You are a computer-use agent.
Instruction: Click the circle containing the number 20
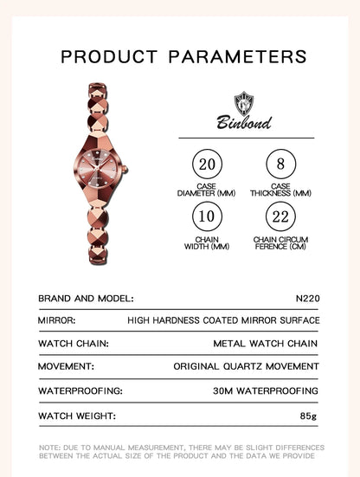206,164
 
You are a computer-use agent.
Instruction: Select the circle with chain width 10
206,216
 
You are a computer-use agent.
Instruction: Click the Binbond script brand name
244,122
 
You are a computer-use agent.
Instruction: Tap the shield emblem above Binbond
244,100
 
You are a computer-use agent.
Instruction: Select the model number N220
306,297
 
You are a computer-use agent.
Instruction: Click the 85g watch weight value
310,415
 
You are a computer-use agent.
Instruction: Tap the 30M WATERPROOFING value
266,390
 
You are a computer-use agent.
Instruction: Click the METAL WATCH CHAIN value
266,344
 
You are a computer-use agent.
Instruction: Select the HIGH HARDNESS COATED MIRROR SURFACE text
223,320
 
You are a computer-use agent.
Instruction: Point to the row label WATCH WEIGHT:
76,415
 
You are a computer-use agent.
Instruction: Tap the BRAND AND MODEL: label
86,297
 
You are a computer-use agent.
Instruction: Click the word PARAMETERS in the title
237,57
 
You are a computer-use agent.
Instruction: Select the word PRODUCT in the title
109,57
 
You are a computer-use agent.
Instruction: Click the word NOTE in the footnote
48,448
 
